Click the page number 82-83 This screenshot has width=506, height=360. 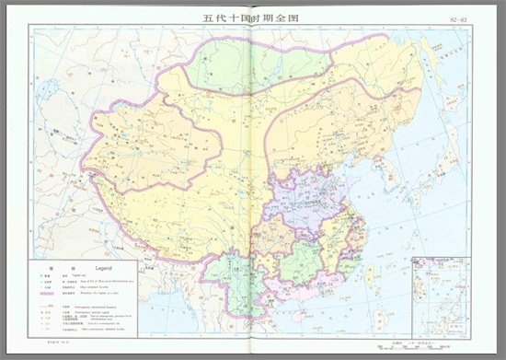pos(456,18)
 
